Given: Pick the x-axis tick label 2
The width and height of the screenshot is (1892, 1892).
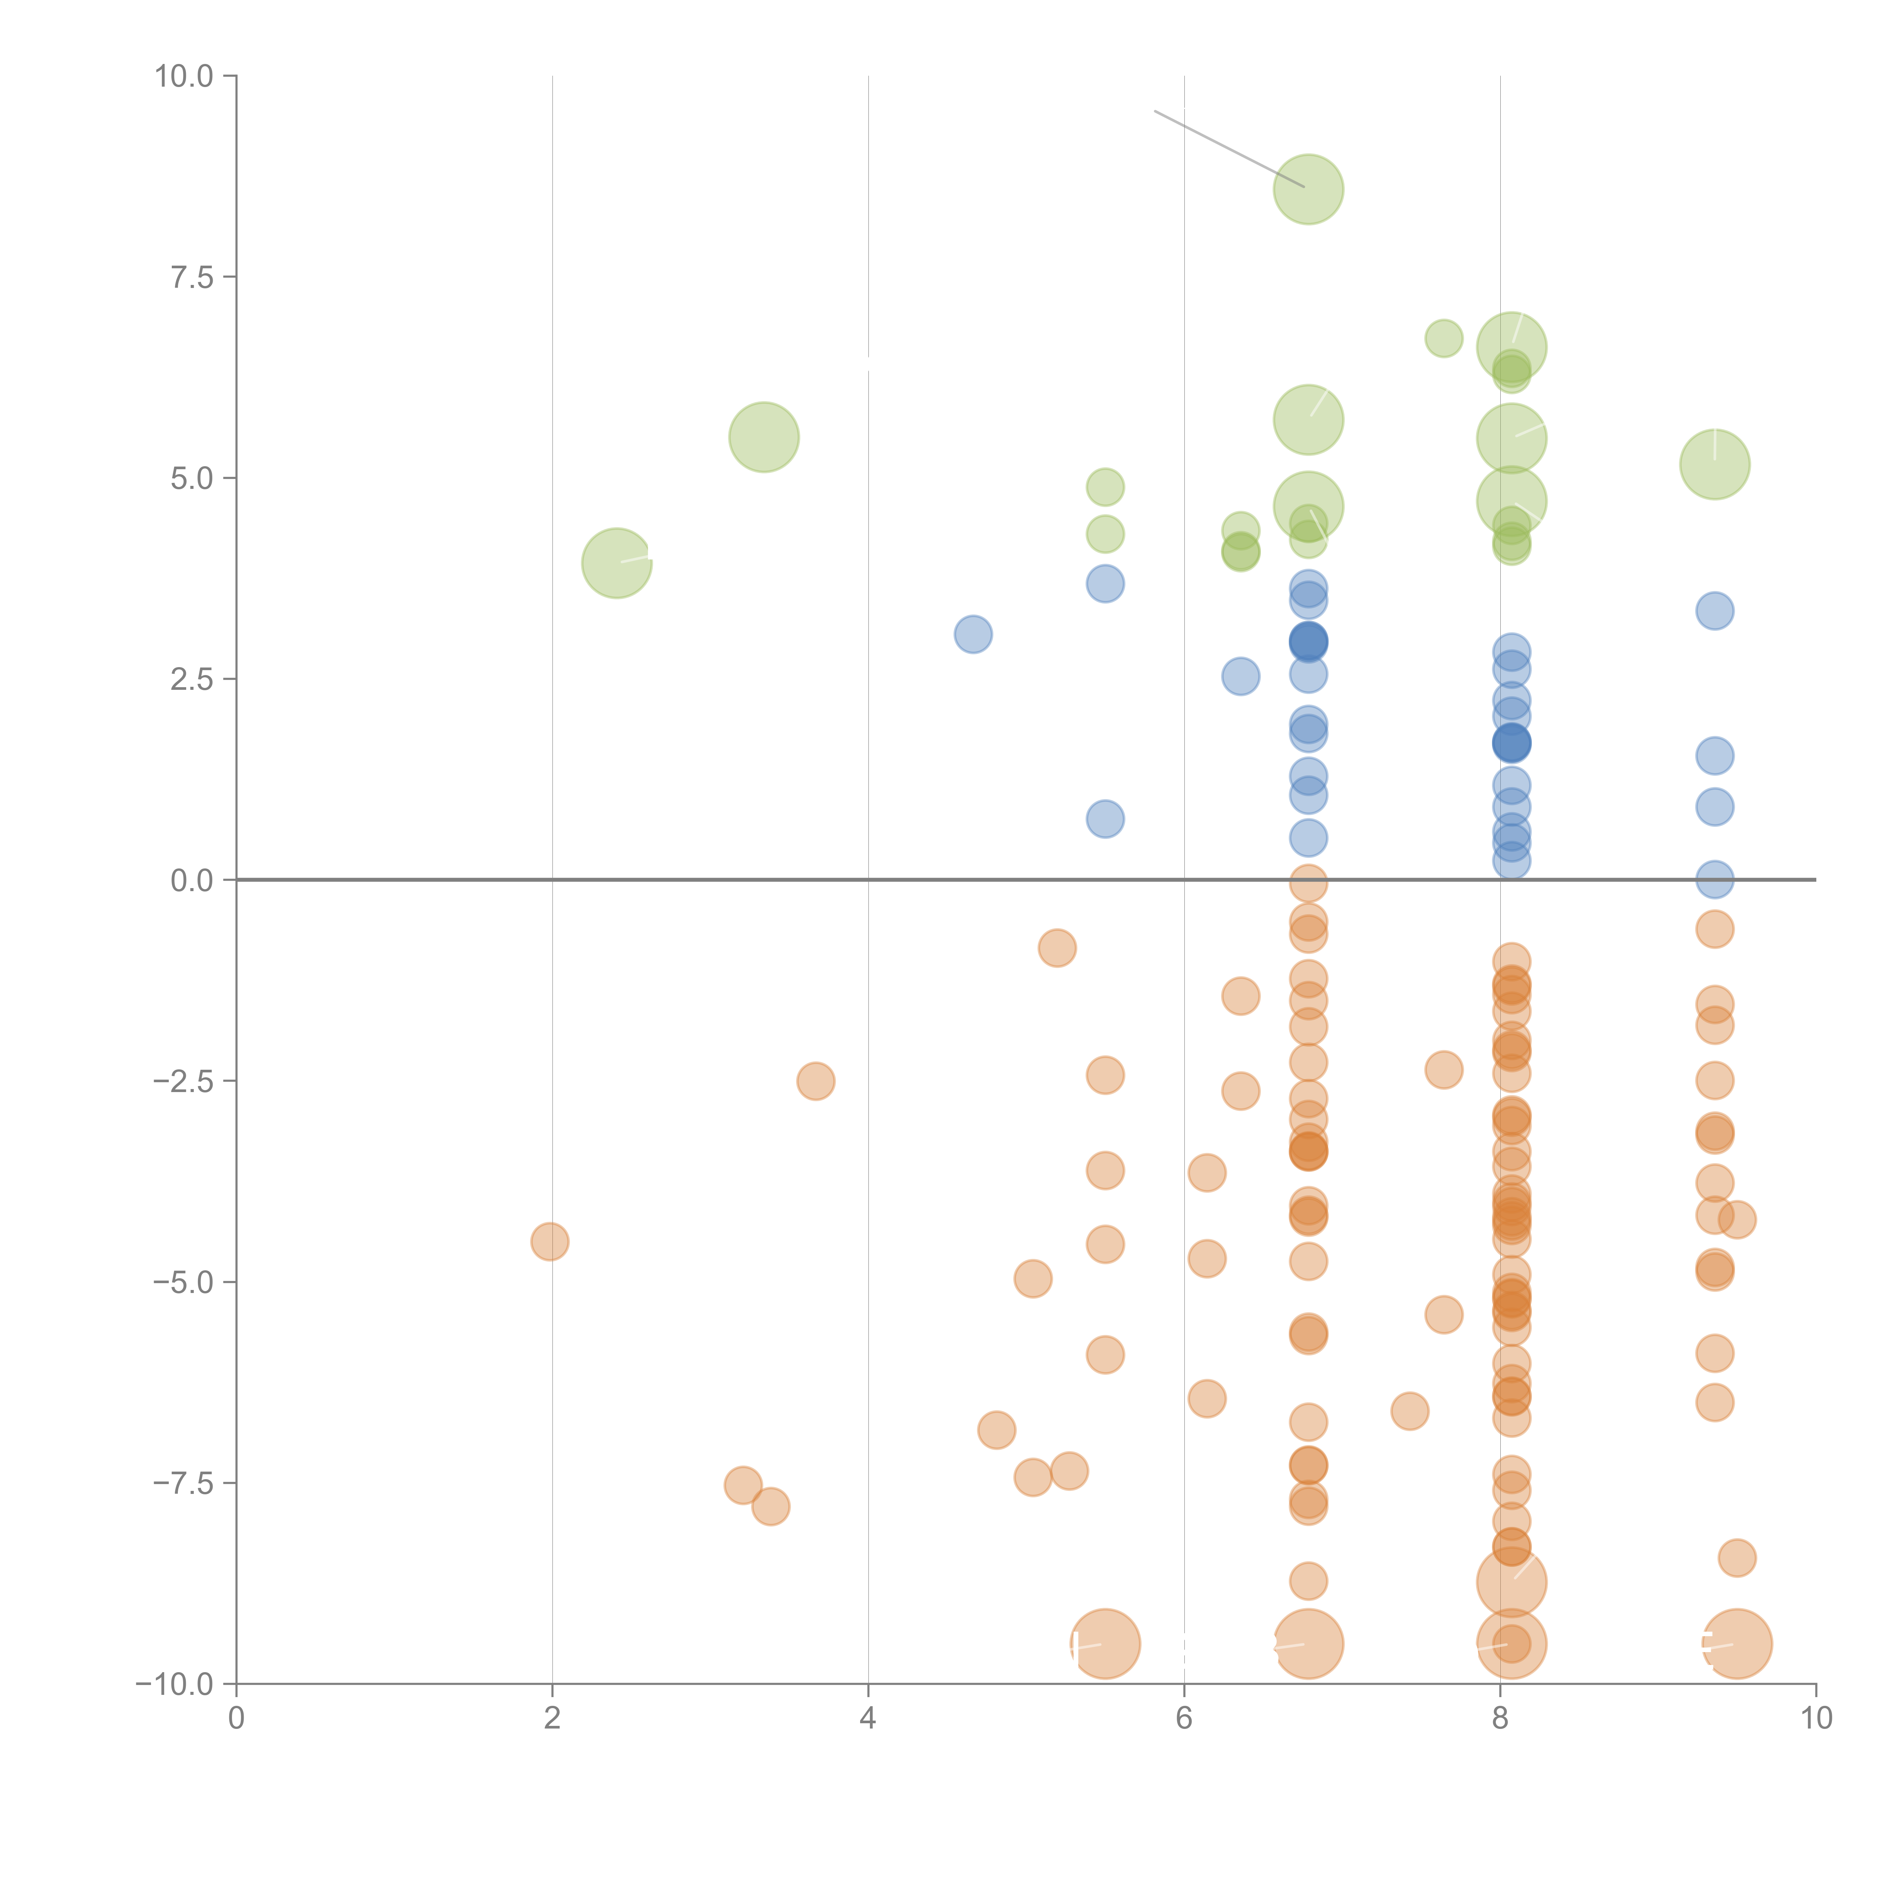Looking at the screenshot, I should click(x=552, y=1719).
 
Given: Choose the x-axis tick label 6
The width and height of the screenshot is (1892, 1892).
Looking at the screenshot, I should click(x=1184, y=1719).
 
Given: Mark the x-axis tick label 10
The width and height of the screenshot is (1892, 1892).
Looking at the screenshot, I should click(x=1816, y=1719).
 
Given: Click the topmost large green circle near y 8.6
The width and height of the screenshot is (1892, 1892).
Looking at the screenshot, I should click(x=1309, y=189).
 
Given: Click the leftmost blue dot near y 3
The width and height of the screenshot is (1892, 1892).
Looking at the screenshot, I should click(x=972, y=635).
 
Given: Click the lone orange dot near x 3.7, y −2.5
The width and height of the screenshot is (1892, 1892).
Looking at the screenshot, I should click(x=816, y=1081).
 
